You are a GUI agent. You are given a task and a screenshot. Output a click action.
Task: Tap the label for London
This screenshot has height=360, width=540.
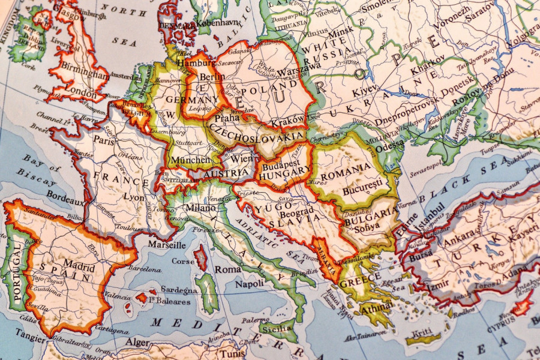[x=80, y=94]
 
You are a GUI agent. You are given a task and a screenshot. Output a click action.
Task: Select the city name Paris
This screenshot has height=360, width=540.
[x=103, y=142]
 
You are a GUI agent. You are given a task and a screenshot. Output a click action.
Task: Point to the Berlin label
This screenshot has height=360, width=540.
[x=211, y=77]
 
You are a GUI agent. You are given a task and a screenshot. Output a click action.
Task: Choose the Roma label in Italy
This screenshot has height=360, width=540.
[x=228, y=270]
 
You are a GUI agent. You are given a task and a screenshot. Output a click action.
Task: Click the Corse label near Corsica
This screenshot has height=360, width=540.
[x=182, y=262]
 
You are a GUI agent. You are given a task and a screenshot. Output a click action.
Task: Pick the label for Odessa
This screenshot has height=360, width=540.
[x=391, y=144]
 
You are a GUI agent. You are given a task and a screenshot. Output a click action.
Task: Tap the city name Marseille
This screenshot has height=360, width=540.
[x=166, y=245]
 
